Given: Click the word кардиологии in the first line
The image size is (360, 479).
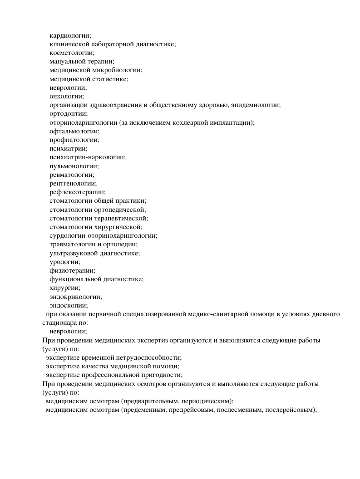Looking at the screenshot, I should (x=70, y=36).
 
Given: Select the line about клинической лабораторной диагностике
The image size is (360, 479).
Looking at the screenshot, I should (x=112, y=44).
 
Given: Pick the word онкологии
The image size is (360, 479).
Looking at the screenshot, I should (x=66, y=96).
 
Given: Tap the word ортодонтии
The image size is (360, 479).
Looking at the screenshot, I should (x=69, y=113).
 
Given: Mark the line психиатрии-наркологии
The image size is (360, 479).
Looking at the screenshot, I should (x=87, y=157).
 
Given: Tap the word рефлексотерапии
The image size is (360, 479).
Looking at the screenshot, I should (x=77, y=192).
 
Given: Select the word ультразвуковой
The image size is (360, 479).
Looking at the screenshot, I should (x=73, y=253).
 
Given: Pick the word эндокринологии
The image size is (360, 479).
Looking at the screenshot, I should (x=75, y=297).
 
